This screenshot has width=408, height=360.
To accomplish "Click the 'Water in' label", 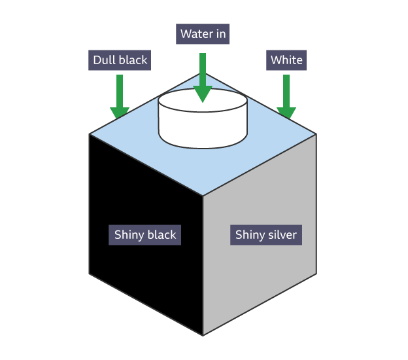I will click(203, 34).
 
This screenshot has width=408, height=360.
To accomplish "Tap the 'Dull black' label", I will click(120, 61).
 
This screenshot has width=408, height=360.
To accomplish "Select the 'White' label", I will click(286, 61).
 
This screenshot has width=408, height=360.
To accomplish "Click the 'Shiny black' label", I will click(145, 235).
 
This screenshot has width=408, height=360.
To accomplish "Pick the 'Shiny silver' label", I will click(265, 235).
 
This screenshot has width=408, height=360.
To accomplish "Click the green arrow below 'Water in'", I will click(203, 76).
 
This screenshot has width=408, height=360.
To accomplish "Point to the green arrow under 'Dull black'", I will click(120, 96).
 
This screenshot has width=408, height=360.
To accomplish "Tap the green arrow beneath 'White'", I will click(286, 96).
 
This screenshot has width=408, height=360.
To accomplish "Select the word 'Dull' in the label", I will click(105, 61).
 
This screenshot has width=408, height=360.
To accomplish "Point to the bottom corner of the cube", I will click(203, 335).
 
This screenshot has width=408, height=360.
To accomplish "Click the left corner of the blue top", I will click(90, 134).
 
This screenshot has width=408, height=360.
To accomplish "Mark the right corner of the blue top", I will click(316, 134).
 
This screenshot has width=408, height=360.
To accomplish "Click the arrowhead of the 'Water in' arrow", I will click(203, 94).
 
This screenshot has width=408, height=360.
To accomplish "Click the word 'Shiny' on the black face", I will click(129, 235).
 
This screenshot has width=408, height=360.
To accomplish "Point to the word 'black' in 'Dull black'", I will click(133, 61).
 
